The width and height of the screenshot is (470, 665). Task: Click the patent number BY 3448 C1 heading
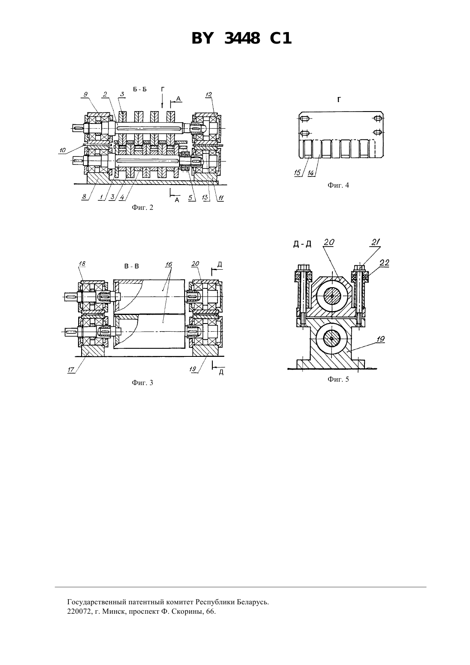241,38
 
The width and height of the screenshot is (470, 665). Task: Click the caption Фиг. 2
142,208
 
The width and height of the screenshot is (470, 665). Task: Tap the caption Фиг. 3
142,383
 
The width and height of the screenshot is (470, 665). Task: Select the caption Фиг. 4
338,185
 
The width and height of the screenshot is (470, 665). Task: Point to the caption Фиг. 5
338,379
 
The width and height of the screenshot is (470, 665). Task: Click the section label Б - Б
140,89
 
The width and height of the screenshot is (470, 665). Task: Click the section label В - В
132,266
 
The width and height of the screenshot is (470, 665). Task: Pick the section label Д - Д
303,244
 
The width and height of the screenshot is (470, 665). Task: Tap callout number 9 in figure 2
85,95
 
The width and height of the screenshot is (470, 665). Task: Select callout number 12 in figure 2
209,95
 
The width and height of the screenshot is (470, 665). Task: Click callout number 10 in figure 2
63,150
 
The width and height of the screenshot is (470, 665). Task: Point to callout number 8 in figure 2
85,197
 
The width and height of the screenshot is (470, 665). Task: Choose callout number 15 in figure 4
298,173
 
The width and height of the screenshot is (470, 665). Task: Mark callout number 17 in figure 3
71,370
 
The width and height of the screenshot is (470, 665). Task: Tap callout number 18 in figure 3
82,264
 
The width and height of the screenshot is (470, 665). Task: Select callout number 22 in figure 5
384,263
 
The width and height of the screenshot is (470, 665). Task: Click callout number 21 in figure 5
376,242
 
